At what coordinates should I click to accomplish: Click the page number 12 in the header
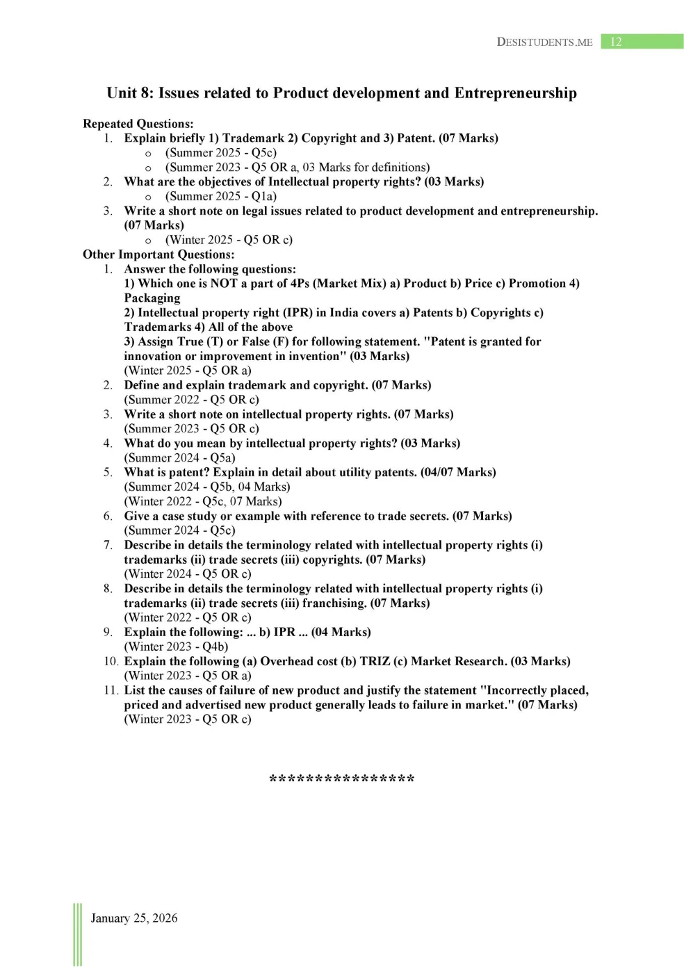616,42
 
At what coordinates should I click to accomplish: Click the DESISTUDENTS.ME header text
544,42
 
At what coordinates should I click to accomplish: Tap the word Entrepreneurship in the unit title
515,93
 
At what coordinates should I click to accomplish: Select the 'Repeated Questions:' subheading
138,124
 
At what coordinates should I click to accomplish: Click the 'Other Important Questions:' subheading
158,254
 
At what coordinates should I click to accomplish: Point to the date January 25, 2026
134,918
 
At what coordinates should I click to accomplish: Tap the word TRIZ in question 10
375,661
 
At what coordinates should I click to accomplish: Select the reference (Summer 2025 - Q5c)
220,153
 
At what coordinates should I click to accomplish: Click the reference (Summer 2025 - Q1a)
220,196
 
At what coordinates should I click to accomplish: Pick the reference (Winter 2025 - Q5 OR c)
229,240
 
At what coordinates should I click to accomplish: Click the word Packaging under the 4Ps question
152,298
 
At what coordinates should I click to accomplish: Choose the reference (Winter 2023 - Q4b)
176,647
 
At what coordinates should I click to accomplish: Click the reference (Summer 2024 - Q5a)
179,457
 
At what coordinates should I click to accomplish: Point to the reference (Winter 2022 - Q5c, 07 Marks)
203,501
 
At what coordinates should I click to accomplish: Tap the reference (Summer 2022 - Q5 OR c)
191,400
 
